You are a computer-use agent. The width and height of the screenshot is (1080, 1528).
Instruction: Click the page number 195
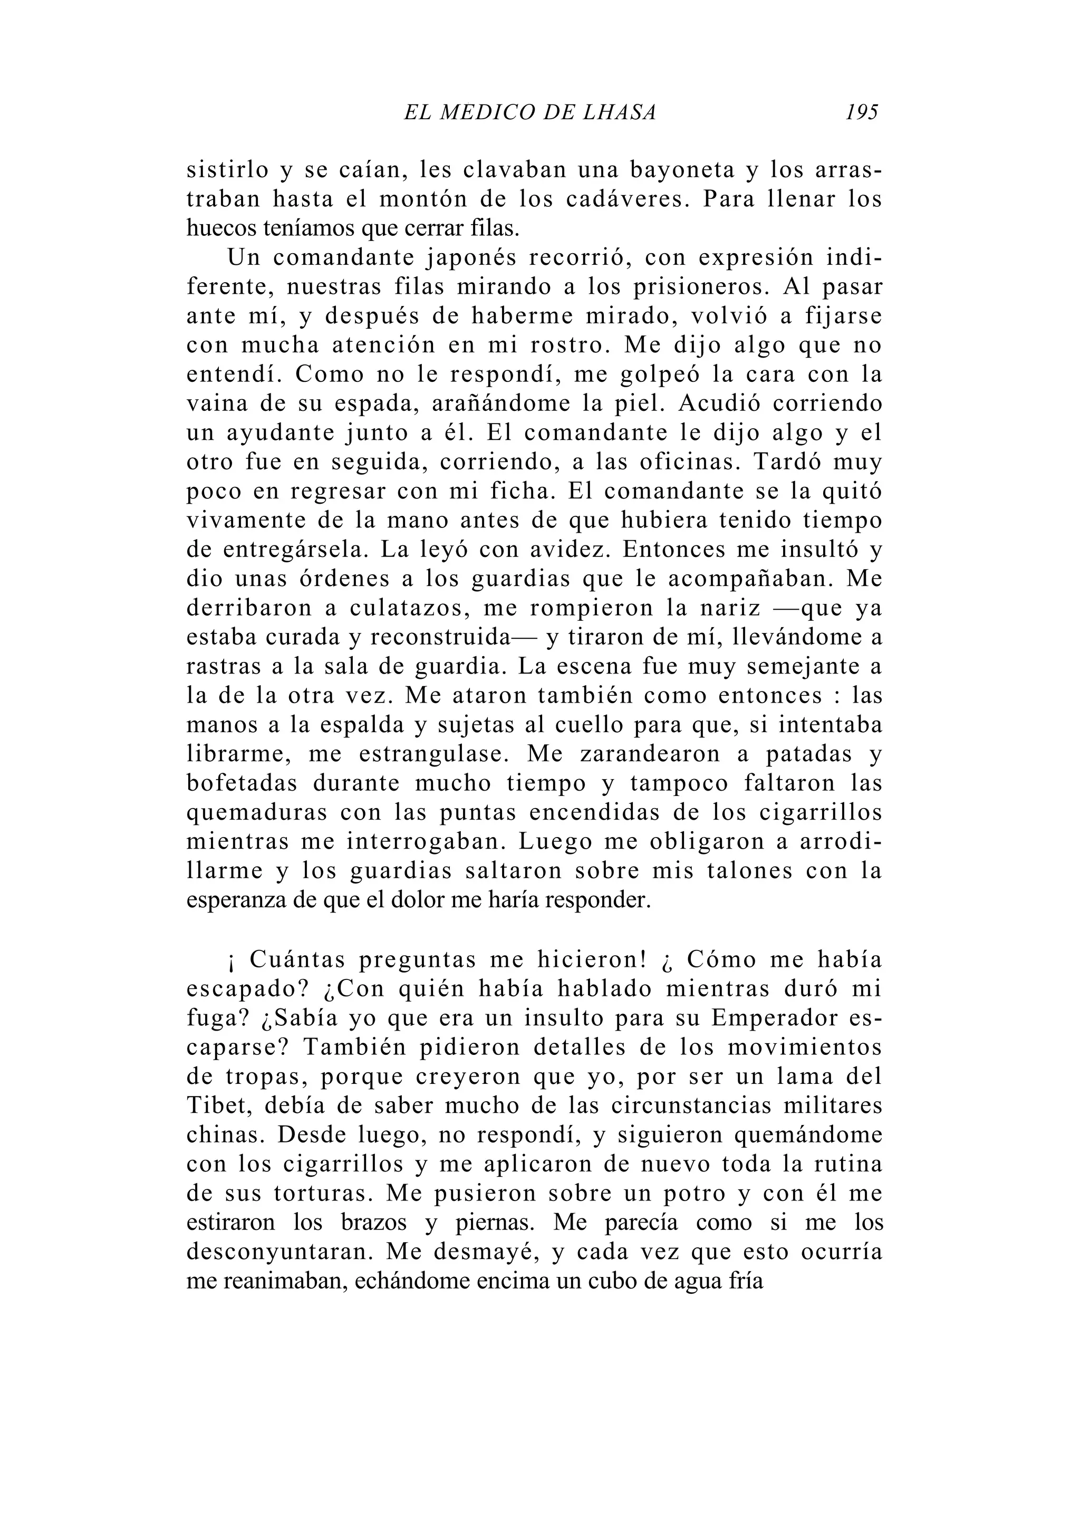tap(862, 112)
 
